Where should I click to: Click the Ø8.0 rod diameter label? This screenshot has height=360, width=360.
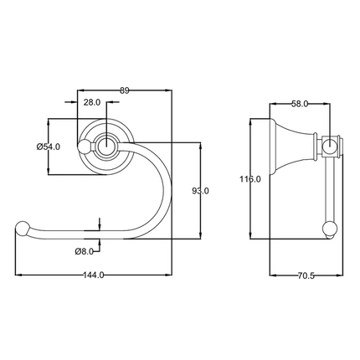(83, 250)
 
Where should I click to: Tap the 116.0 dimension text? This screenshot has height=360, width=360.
(250, 178)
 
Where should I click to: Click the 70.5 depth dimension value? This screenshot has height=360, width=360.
(305, 276)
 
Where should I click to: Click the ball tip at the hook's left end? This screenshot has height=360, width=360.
(23, 227)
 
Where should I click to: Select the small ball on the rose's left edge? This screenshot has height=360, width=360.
(84, 148)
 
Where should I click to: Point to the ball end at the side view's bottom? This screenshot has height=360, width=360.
(330, 227)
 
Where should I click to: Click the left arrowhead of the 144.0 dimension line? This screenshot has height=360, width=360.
(18, 276)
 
